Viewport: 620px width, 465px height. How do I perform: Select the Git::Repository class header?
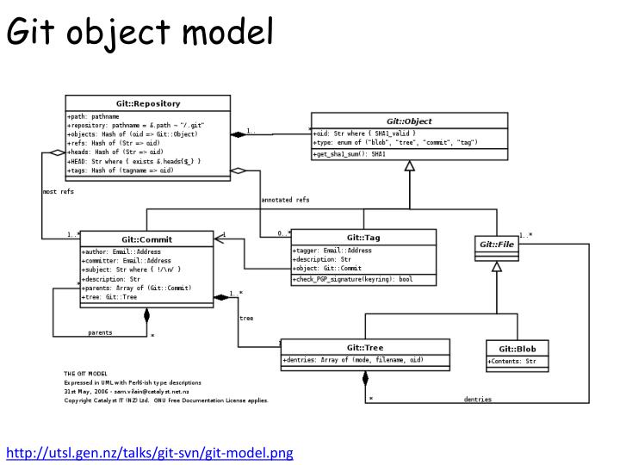(147, 103)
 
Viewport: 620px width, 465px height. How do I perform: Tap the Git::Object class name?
(409, 122)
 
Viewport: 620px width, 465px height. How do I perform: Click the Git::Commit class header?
(146, 239)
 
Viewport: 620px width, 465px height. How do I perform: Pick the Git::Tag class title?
(363, 238)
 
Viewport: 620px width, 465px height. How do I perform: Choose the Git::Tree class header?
(364, 347)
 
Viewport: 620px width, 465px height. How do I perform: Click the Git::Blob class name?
(517, 348)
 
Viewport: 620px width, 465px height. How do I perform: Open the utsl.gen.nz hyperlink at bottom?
(151, 452)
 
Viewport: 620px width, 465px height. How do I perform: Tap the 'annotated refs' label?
(285, 200)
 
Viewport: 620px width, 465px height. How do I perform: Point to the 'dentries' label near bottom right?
(478, 399)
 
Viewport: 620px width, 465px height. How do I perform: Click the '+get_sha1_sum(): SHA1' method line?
(354, 153)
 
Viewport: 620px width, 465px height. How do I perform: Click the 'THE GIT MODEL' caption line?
(83, 373)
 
